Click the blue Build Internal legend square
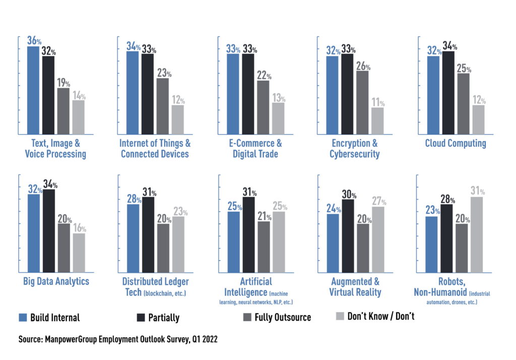22,318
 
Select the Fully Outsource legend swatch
247,317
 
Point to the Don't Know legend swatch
340,316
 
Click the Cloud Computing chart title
456,143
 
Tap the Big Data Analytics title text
56,281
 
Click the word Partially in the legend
164,318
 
